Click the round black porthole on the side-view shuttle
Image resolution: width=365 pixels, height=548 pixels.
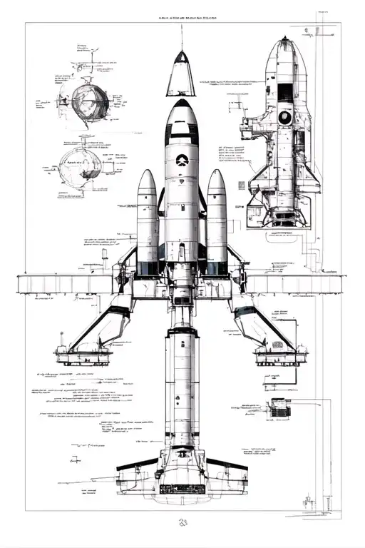(285, 116)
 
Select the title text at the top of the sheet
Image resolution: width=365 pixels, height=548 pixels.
(182, 16)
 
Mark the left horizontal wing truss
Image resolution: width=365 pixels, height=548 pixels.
(68, 284)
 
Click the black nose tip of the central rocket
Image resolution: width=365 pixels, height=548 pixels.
(182, 103)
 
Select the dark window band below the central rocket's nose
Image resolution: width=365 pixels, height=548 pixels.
(182, 131)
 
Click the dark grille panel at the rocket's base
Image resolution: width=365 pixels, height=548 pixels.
(182, 489)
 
